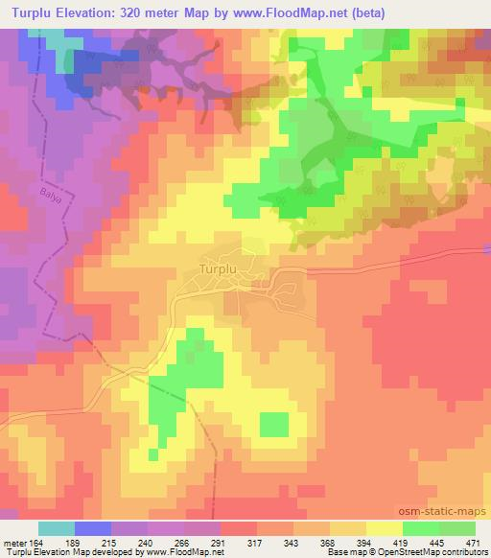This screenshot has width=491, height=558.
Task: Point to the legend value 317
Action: [x=255, y=542]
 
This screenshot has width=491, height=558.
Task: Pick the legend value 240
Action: [x=145, y=542]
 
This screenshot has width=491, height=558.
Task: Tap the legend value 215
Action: [x=108, y=542]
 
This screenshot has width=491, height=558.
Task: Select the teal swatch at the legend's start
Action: [x=57, y=528]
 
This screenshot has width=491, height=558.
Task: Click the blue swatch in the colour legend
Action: [x=93, y=528]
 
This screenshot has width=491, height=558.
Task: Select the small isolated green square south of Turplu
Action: [x=274, y=425]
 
